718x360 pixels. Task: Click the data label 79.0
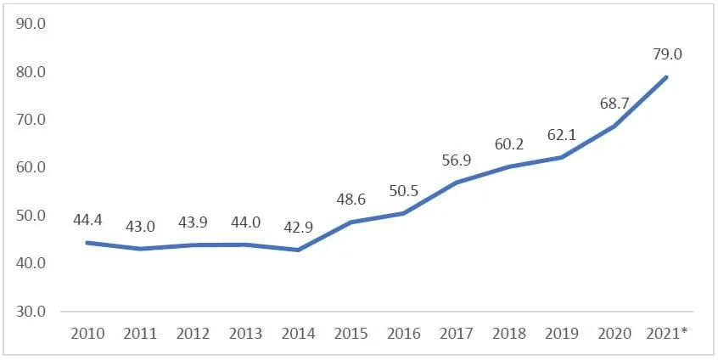tap(666, 54)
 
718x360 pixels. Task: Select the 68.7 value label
tap(614, 103)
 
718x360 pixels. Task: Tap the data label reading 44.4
tap(88, 219)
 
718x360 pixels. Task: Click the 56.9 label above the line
tap(457, 160)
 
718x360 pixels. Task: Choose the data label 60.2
tap(509, 143)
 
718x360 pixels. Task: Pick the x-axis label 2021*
tap(665, 334)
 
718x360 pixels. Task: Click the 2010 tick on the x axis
tap(88, 334)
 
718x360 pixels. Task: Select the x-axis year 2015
tap(351, 334)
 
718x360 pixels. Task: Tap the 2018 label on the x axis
tap(508, 334)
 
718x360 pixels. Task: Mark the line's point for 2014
tap(298, 250)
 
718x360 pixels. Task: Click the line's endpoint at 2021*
tap(666, 77)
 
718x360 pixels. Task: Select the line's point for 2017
tap(456, 183)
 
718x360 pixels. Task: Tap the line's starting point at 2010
tap(88, 243)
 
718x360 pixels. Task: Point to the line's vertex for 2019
tap(561, 157)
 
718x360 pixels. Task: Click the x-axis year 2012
tap(194, 334)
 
